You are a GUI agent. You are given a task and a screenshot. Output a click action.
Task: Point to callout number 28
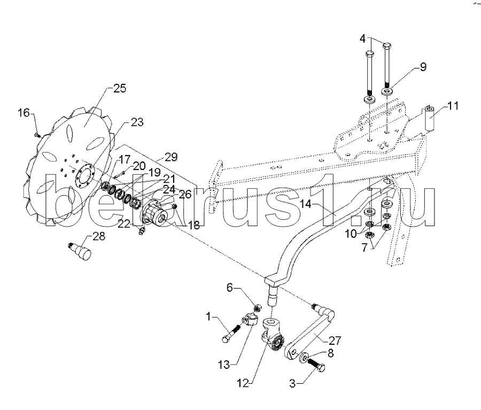[x=99, y=235]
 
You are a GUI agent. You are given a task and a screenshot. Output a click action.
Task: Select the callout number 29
[x=170, y=157]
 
